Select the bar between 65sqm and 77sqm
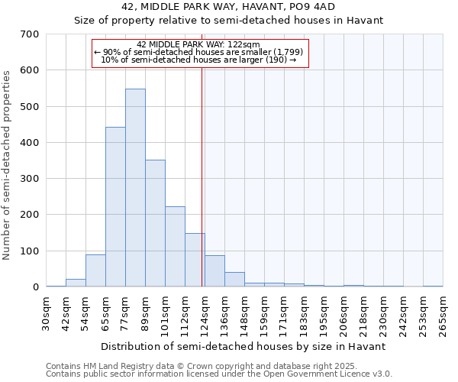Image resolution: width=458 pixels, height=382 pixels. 115,207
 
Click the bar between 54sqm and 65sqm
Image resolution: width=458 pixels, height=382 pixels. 95,270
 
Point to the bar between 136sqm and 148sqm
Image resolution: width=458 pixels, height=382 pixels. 234,280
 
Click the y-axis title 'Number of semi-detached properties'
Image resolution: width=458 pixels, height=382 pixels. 8,165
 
